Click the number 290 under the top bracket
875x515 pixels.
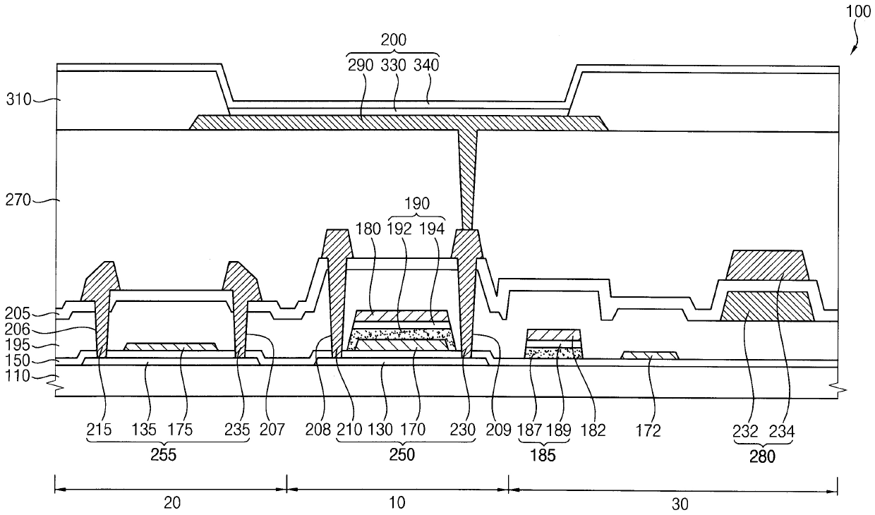361,65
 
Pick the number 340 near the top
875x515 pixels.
426,65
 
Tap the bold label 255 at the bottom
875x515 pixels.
164,456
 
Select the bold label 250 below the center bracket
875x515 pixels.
402,456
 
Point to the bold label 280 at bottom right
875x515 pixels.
763,456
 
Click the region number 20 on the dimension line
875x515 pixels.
171,503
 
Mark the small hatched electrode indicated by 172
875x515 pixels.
650,355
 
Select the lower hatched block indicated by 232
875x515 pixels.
767,305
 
